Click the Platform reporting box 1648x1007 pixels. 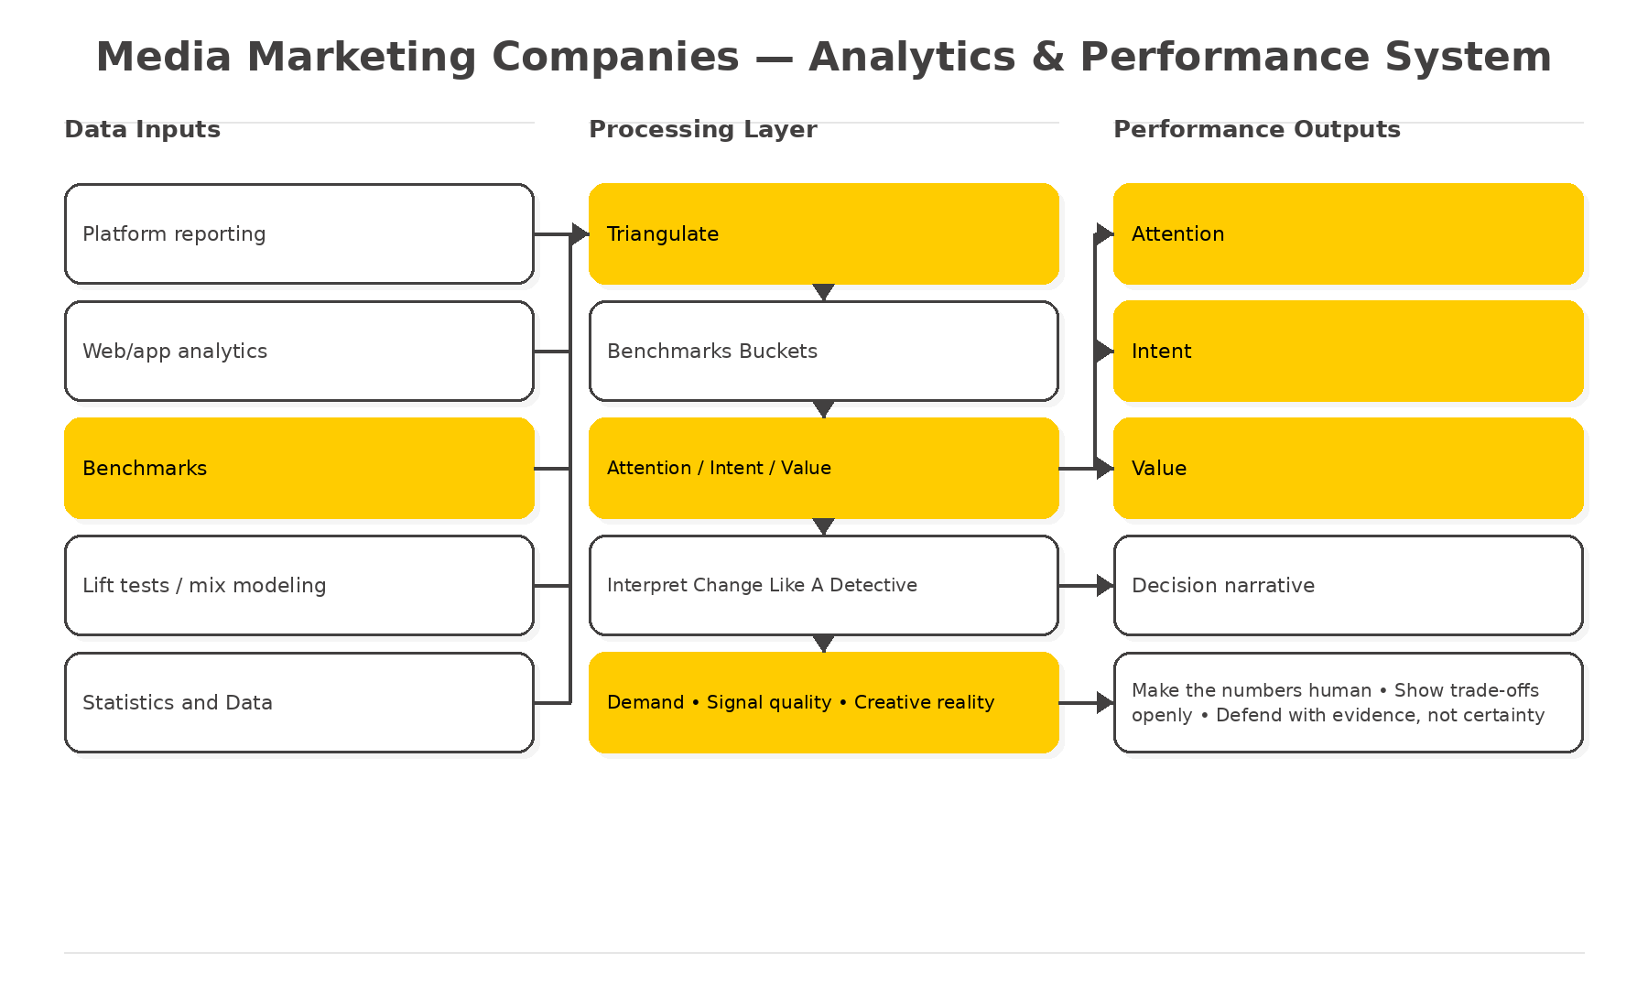tap(299, 233)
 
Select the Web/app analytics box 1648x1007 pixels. tap(299, 351)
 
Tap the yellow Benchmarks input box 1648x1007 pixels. tap(299, 468)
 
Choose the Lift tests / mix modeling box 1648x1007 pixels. tap(299, 585)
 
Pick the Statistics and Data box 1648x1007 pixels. tap(299, 702)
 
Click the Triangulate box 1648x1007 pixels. tap(824, 233)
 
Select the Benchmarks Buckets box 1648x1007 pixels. tap(824, 351)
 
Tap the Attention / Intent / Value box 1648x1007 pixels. tap(824, 468)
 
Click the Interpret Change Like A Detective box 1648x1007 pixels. tap(824, 585)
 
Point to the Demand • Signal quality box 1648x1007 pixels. tap(824, 702)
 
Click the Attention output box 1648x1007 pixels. tap(1349, 233)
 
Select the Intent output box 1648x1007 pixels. tap(1349, 351)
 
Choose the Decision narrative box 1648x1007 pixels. tap(1349, 585)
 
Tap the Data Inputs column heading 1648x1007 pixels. tap(142, 129)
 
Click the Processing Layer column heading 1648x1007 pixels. tap(702, 129)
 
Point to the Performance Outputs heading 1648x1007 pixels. tap(1256, 129)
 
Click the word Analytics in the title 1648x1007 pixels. tap(912, 57)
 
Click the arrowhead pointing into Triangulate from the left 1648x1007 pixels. tap(580, 234)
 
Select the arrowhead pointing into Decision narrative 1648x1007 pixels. tap(1104, 585)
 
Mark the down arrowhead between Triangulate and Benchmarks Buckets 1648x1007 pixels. tap(823, 292)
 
